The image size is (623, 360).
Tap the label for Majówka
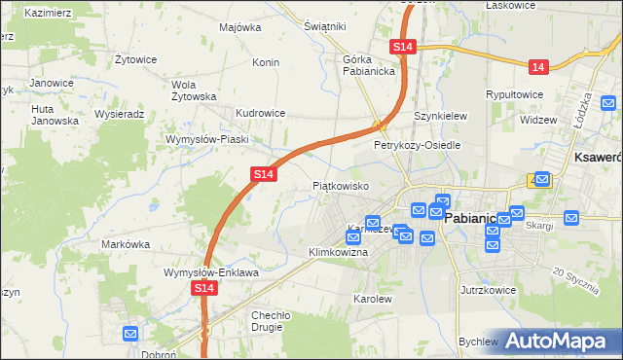tap(240, 27)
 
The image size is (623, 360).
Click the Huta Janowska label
tap(55, 115)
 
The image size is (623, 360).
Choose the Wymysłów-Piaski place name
tap(207, 139)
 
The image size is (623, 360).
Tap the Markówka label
tap(124, 244)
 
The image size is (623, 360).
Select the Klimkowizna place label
tap(338, 252)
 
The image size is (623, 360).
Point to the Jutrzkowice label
tap(487, 290)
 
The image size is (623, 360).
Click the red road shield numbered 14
tap(538, 66)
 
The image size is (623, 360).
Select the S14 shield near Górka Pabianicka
tap(404, 47)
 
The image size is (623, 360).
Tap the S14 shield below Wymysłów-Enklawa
tap(203, 289)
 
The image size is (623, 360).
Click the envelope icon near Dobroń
tap(132, 334)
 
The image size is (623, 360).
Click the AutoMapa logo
tap(561, 341)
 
